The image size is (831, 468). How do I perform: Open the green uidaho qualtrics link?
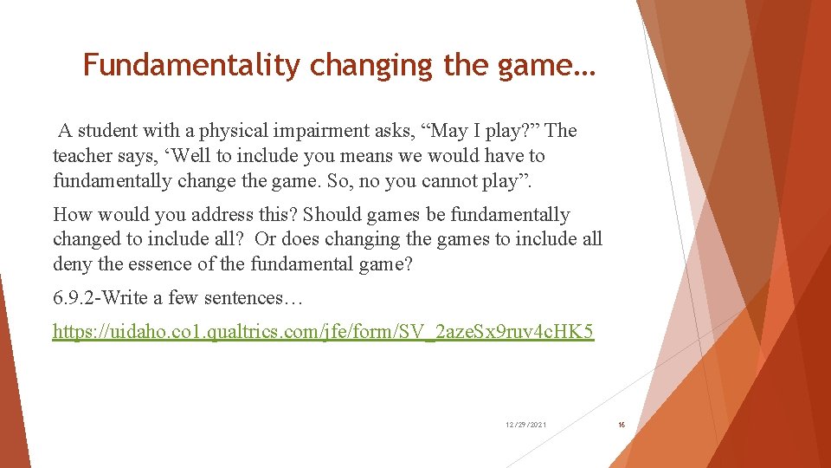(x=323, y=332)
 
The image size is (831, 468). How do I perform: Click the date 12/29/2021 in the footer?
(x=526, y=425)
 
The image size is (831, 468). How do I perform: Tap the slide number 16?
(x=621, y=425)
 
